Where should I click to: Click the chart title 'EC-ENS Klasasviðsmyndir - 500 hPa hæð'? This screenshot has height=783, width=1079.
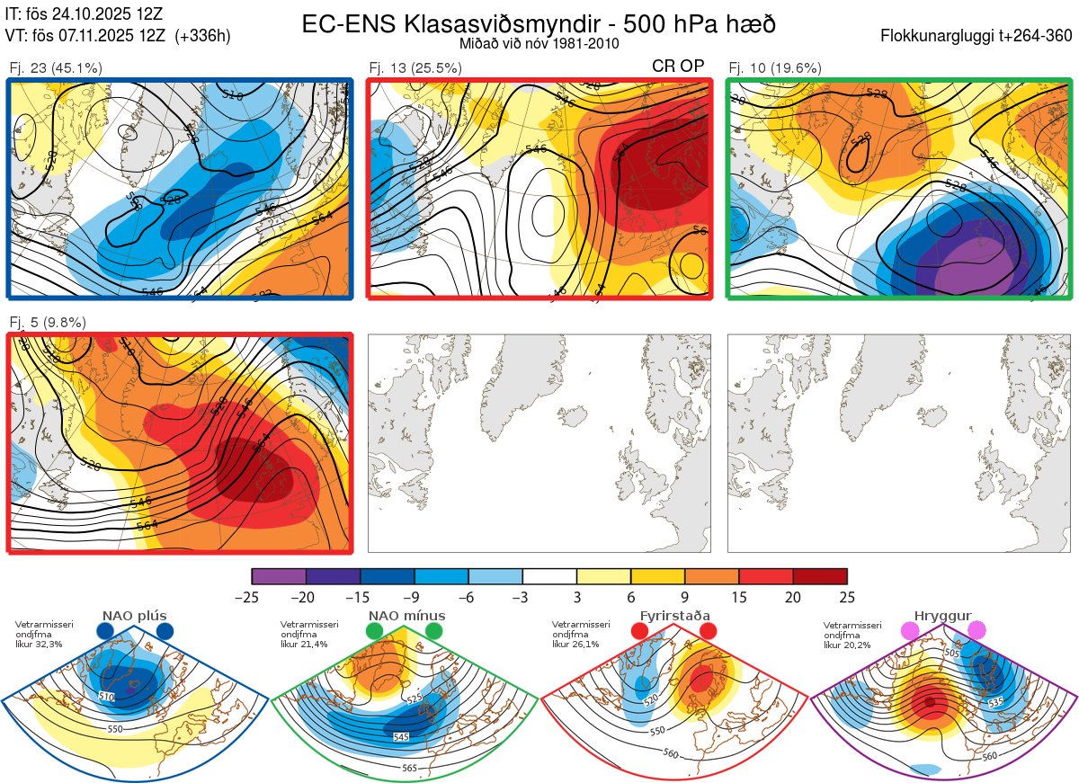point(539,24)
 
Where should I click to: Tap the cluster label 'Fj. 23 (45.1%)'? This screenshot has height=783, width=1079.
point(56,67)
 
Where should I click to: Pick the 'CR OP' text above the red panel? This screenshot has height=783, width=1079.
point(678,66)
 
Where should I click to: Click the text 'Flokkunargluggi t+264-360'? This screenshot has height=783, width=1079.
point(978,36)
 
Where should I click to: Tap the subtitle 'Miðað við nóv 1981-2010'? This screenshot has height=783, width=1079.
point(539,43)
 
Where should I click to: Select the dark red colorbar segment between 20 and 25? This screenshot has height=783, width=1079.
point(820,576)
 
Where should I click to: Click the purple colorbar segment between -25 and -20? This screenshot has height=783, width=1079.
point(279,576)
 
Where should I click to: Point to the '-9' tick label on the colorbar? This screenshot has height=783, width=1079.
point(414,597)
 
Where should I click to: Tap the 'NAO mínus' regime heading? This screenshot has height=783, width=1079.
point(406,616)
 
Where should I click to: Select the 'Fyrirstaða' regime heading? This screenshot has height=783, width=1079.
point(674,616)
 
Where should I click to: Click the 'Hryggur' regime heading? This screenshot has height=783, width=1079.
point(942,616)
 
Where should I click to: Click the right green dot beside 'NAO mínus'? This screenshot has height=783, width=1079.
point(435,632)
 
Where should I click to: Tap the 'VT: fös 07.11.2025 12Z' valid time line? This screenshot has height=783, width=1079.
point(85,36)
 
